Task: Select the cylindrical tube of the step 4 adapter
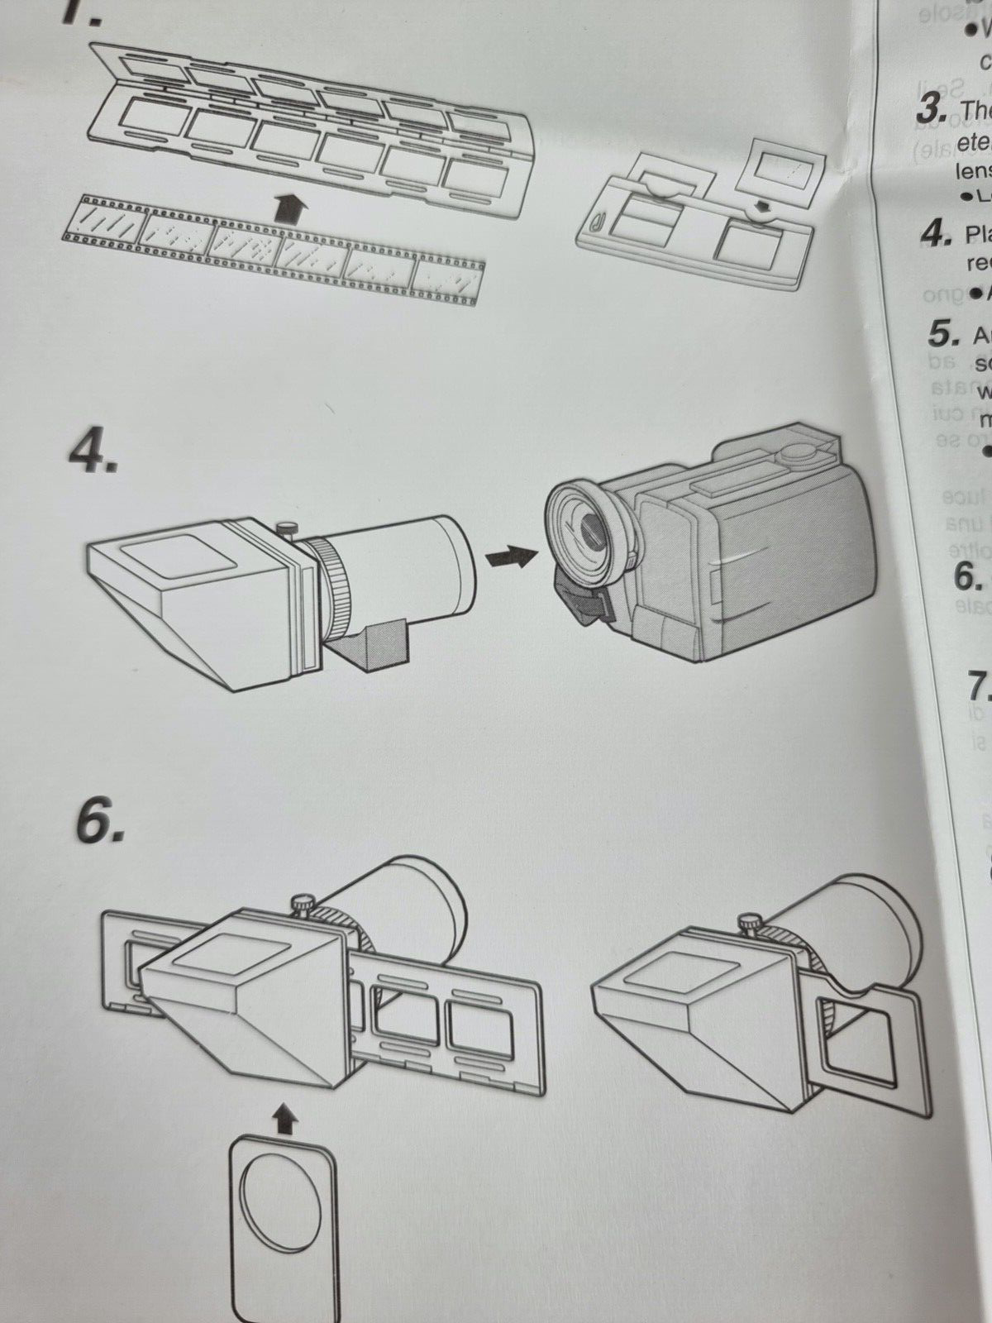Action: (x=405, y=327)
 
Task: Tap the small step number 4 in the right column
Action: (x=935, y=213)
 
